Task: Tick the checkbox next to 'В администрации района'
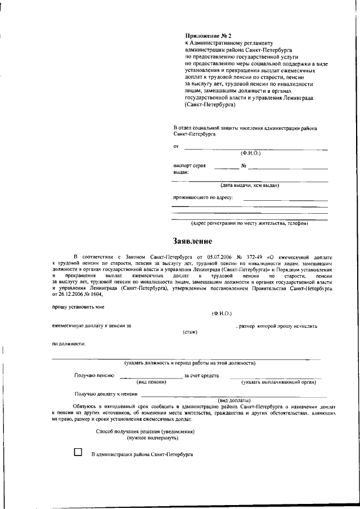coord(78,452)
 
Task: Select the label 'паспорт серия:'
coord(190,166)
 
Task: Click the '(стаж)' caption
coord(190,332)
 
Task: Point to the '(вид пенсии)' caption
coord(151,382)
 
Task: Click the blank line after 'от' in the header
coord(256,149)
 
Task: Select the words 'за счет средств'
coord(201,376)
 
